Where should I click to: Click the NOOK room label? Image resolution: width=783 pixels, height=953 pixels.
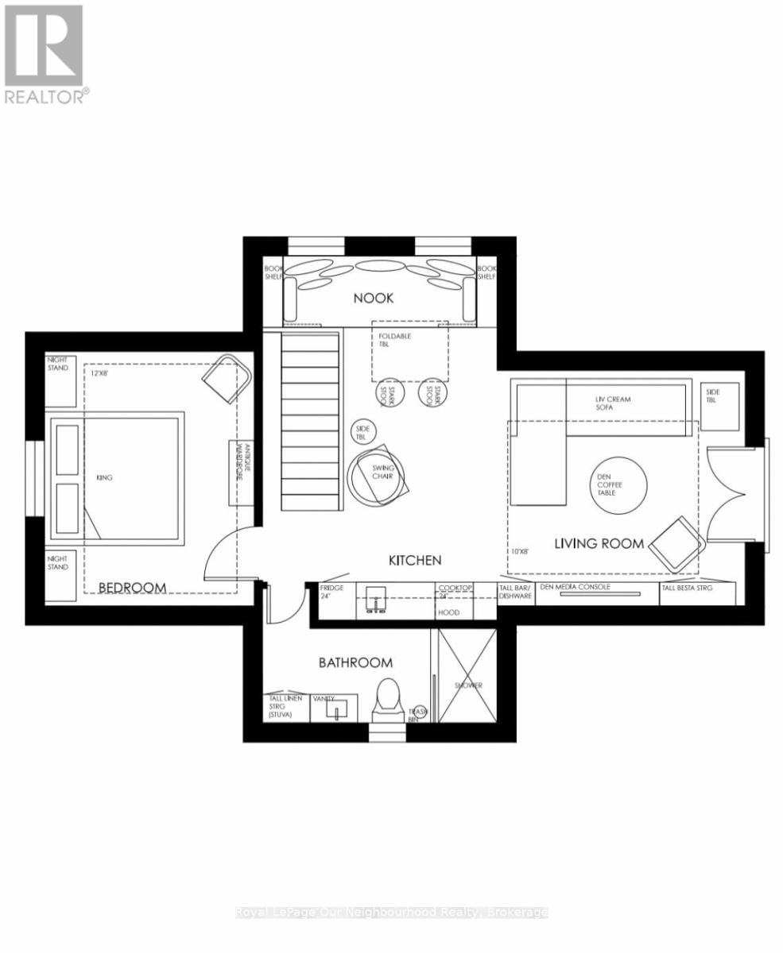coord(374,298)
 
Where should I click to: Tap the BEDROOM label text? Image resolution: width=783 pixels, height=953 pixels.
coord(132,588)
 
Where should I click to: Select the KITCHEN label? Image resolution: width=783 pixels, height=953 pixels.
coord(414,561)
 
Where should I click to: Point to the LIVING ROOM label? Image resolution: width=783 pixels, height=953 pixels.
coord(599,544)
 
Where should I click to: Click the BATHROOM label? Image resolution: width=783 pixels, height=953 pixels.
coord(355,662)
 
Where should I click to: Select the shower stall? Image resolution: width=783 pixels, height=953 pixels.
coord(468,675)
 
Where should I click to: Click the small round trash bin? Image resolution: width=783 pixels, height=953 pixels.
coord(417,713)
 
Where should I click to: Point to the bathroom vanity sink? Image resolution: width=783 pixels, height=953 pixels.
coord(335,709)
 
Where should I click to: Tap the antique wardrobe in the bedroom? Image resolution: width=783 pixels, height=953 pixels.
coord(242,473)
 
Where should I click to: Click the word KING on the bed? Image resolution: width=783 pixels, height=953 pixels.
coord(103,478)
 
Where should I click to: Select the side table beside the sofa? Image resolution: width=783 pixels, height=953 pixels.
coord(720,395)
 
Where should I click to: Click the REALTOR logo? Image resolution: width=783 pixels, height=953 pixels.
coord(45,55)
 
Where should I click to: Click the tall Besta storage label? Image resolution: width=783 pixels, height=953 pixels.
coord(687,588)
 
